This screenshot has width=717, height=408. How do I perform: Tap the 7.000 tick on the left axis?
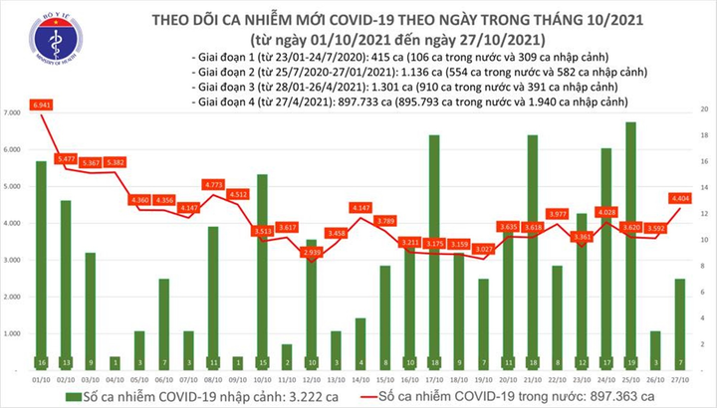[13, 114]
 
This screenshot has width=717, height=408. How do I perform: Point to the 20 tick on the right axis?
[703, 107]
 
